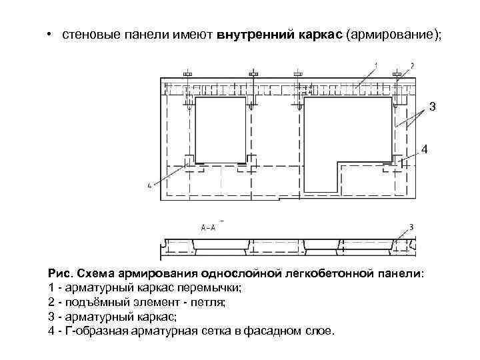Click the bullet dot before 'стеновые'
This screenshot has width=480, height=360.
click(x=51, y=34)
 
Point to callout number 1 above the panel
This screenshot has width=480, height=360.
click(x=375, y=65)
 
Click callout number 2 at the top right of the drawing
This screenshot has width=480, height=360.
click(x=412, y=65)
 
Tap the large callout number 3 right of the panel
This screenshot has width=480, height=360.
click(x=432, y=107)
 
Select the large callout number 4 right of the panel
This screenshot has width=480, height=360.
click(x=425, y=149)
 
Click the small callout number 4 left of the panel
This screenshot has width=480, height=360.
click(x=149, y=185)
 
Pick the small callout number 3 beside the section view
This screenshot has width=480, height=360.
click(x=411, y=227)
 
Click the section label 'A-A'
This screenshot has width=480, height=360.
click(x=208, y=227)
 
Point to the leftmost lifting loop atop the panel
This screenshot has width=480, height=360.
click(x=188, y=73)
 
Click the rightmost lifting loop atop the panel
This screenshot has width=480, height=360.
click(x=397, y=73)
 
